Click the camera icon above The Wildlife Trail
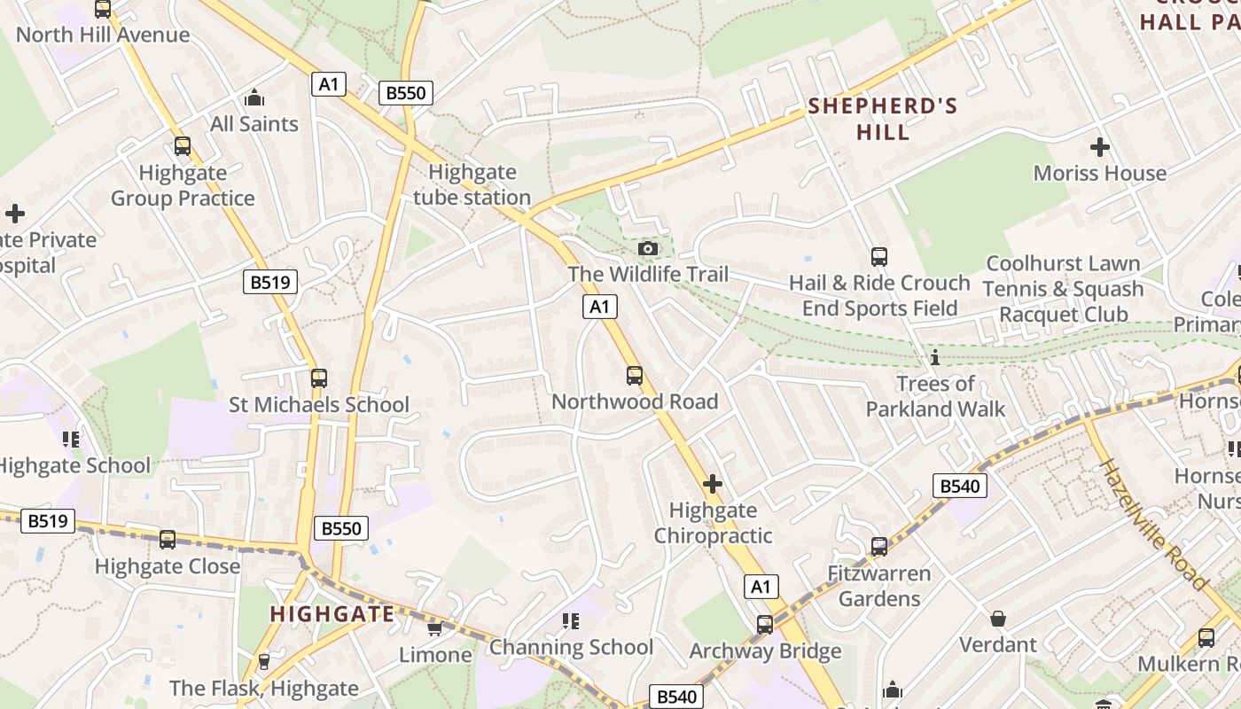(649, 248)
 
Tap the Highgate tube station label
(472, 184)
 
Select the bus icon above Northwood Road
(635, 375)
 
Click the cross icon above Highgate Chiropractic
(713, 484)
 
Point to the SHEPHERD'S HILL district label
(883, 120)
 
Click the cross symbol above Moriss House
(1100, 146)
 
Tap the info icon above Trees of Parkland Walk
(934, 357)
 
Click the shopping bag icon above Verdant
(998, 618)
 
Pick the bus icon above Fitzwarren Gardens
(879, 546)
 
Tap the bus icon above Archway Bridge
(765, 624)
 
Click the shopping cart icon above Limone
(434, 628)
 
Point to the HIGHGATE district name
(332, 614)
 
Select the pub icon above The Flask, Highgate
(263, 661)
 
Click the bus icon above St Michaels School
(319, 378)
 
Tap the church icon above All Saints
(254, 97)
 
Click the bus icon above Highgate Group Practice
(183, 145)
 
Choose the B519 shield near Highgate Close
(47, 520)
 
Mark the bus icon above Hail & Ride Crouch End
(879, 257)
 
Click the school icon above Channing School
(571, 621)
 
